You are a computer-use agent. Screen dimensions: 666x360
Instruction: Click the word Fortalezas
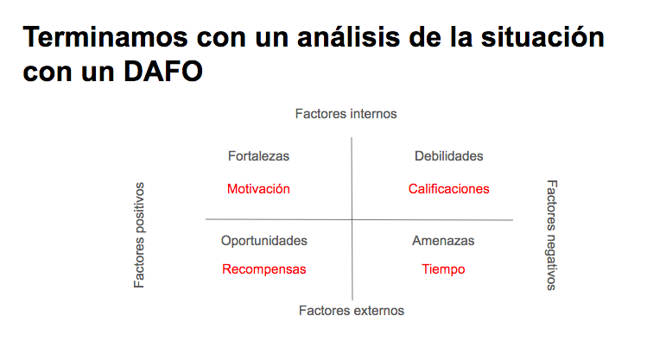(x=258, y=156)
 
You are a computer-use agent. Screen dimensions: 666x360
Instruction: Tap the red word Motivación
(x=258, y=189)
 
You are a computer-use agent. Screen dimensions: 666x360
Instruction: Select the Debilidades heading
(x=448, y=156)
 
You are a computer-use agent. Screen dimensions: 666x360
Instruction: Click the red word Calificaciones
(x=448, y=189)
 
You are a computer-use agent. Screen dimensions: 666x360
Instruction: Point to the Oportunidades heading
(x=263, y=241)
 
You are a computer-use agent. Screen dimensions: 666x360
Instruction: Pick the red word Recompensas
(x=263, y=269)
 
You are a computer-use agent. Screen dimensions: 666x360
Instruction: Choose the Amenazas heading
(x=443, y=241)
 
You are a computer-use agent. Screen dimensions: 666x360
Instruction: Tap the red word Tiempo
(x=443, y=269)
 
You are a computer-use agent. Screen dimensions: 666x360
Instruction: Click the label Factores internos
(x=346, y=114)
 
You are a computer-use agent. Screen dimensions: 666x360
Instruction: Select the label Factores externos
(x=352, y=311)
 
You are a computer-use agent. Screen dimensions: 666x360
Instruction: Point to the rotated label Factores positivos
(x=139, y=235)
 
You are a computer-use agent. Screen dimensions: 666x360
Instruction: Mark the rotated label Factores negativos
(x=551, y=235)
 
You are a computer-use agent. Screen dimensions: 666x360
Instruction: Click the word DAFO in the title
(x=163, y=72)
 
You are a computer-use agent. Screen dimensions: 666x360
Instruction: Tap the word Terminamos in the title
(x=105, y=37)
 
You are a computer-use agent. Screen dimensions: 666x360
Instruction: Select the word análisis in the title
(x=348, y=37)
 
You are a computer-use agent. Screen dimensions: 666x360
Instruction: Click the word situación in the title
(x=542, y=37)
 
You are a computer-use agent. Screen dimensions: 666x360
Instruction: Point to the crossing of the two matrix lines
(x=352, y=220)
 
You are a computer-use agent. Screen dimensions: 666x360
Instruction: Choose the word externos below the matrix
(x=377, y=311)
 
